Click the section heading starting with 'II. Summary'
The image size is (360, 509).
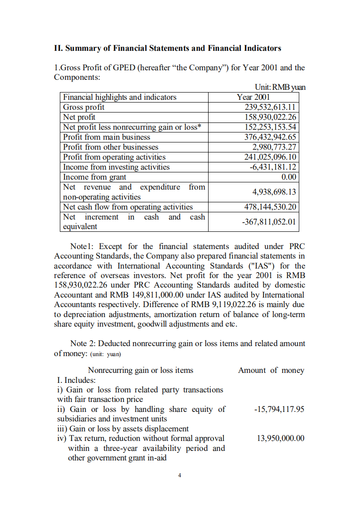(x=167, y=48)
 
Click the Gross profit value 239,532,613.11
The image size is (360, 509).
(x=270, y=107)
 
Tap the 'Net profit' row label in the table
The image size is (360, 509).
(x=79, y=117)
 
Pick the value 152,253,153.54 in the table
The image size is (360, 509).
(x=270, y=127)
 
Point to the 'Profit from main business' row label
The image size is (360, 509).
(x=107, y=137)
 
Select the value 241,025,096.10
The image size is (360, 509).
(x=270, y=157)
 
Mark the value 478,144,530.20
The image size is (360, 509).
(x=270, y=207)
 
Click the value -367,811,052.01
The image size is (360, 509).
(x=271, y=222)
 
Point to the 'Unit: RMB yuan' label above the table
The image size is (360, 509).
(x=280, y=88)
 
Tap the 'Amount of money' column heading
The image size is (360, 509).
(x=271, y=370)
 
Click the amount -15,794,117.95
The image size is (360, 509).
(x=279, y=409)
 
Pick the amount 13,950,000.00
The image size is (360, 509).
(x=280, y=438)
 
